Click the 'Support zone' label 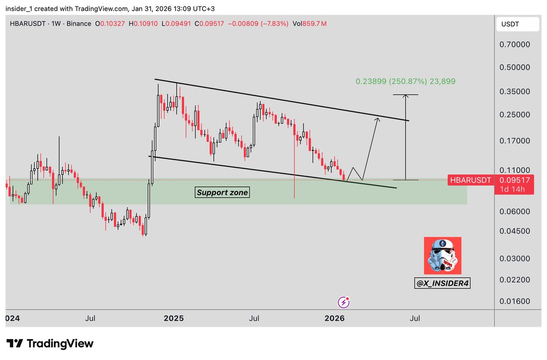[x=222, y=192]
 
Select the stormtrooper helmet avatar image [x=442, y=255]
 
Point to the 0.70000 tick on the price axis [x=515, y=45]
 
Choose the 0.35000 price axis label [x=515, y=92]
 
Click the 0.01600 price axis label [x=515, y=301]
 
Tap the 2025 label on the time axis [x=174, y=318]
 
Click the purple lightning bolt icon [x=343, y=302]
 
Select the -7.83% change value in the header [x=274, y=24]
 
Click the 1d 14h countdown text [x=514, y=189]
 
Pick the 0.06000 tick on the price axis [x=515, y=211]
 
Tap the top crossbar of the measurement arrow [x=405, y=95]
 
